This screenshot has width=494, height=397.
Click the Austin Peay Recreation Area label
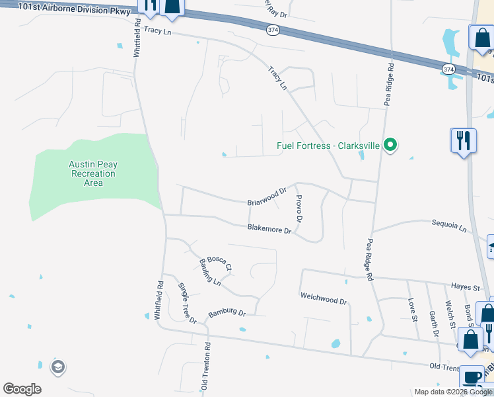93,173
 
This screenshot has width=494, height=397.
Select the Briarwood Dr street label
267,196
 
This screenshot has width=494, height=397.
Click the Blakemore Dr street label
269,230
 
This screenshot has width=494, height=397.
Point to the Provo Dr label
299,209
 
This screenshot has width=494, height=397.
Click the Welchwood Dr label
324,299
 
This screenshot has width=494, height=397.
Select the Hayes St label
466,287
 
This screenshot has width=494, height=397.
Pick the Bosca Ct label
219,263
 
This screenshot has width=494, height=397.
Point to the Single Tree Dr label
187,303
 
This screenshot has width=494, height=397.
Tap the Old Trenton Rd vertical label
207,365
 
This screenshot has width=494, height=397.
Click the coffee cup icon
472,377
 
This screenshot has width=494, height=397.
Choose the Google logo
22,389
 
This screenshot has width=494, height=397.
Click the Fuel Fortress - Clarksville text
327,146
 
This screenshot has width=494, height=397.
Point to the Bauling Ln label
209,272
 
